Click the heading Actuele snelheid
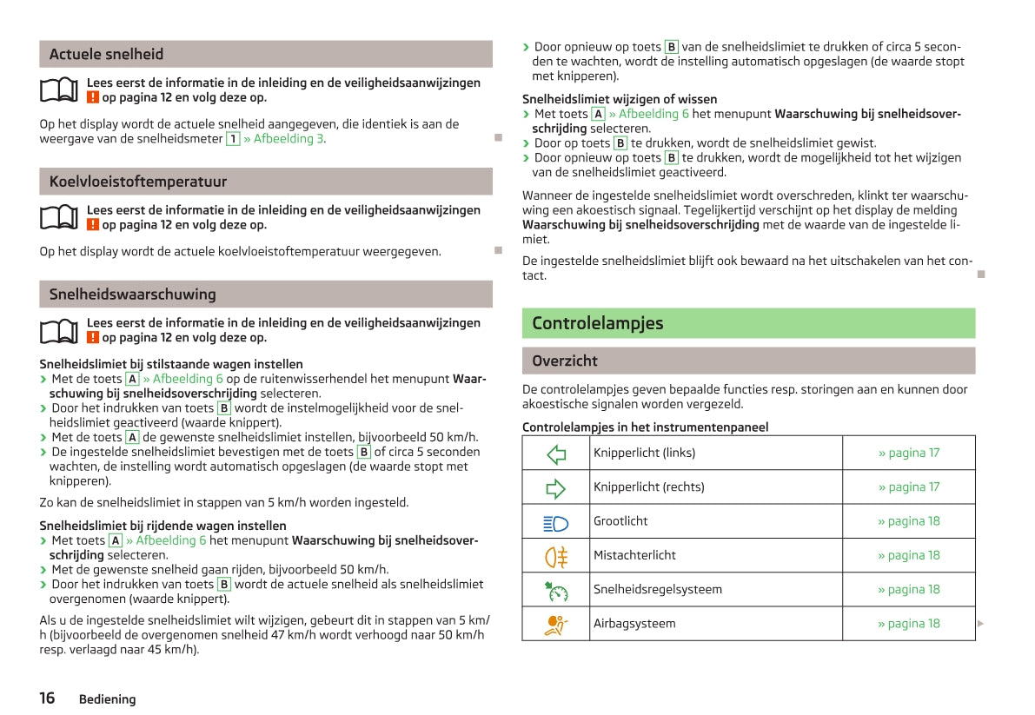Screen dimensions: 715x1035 [106, 54]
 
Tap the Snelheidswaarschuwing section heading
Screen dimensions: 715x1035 [132, 295]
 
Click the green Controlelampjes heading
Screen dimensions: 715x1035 [597, 323]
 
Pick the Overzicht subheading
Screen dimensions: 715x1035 [564, 361]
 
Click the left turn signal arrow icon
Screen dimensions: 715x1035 [556, 453]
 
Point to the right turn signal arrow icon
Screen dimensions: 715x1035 [556, 487]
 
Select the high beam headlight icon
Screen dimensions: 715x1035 [556, 521]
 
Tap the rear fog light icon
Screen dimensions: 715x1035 [556, 555]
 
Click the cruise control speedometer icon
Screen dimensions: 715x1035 [556, 590]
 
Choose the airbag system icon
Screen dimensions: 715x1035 [556, 624]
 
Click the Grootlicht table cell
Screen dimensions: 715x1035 [620, 521]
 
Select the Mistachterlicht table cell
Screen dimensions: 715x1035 [634, 555]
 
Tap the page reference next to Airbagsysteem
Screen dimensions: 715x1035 [908, 624]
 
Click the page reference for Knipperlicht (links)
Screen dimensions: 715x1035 [908, 453]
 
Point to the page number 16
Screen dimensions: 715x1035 [47, 698]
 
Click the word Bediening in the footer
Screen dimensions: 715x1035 [107, 699]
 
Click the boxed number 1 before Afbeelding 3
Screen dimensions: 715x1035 [232, 139]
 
